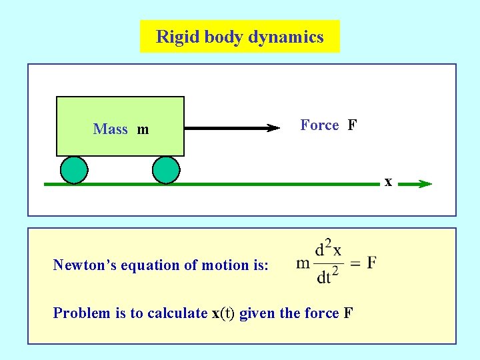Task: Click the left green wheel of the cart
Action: pos(74,170)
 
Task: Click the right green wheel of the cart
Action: pos(166,170)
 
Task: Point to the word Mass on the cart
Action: pos(111,129)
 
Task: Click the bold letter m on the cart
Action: pos(143,129)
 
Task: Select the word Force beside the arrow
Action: pos(319,125)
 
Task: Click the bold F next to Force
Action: pos(352,125)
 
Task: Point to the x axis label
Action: pos(387,181)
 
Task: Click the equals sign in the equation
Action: pos(355,263)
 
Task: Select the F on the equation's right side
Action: pos(371,262)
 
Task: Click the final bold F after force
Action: pos(348,313)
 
